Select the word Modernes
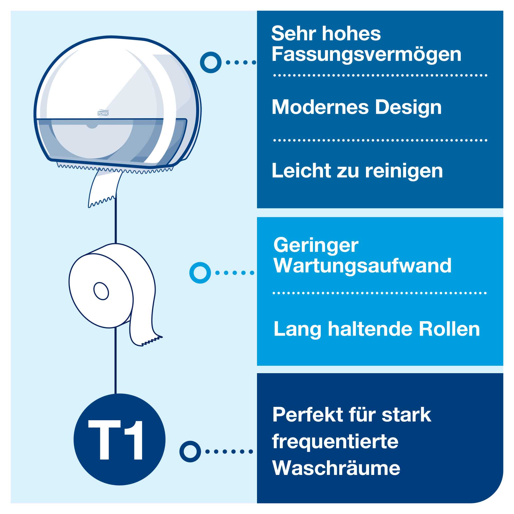tap(320, 107)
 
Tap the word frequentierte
tap(335, 442)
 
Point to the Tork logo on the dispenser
tap(103, 113)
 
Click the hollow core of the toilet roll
tap(101, 291)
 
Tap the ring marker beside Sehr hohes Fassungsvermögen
tap(211, 62)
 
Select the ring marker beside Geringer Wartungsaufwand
tap(200, 273)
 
